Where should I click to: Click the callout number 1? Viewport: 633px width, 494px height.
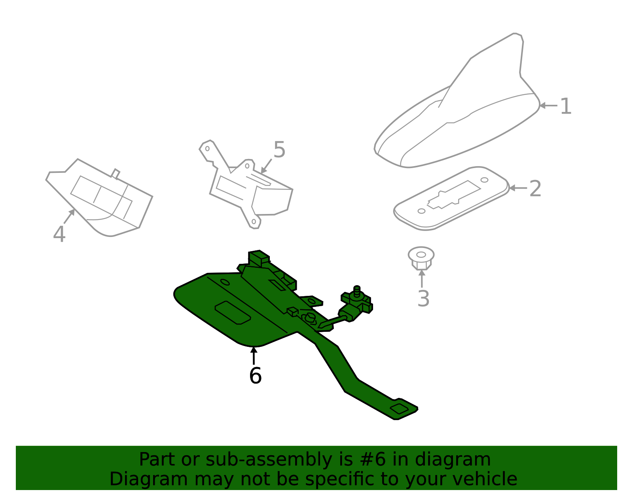pyautogui.click(x=566, y=106)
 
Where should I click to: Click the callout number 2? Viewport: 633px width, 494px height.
pyautogui.click(x=535, y=189)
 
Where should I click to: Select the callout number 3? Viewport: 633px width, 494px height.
pyautogui.click(x=423, y=299)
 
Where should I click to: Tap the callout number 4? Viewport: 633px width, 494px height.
pyautogui.click(x=59, y=234)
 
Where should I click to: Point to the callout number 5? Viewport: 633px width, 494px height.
pyautogui.click(x=279, y=150)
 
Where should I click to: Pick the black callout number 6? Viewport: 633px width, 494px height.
pyautogui.click(x=255, y=375)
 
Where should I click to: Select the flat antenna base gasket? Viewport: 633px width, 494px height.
pyautogui.click(x=451, y=198)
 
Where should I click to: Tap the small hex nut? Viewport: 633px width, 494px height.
pyautogui.click(x=421, y=258)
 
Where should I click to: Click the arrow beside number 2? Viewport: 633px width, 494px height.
pyautogui.click(x=517, y=188)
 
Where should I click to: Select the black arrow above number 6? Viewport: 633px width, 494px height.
pyautogui.click(x=254, y=355)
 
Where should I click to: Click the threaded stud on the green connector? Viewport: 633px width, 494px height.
pyautogui.click(x=357, y=291)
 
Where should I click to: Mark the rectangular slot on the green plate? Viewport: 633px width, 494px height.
pyautogui.click(x=233, y=313)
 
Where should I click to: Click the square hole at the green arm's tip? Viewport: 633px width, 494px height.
pyautogui.click(x=400, y=409)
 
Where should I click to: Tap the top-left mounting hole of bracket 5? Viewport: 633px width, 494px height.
pyautogui.click(x=207, y=149)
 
